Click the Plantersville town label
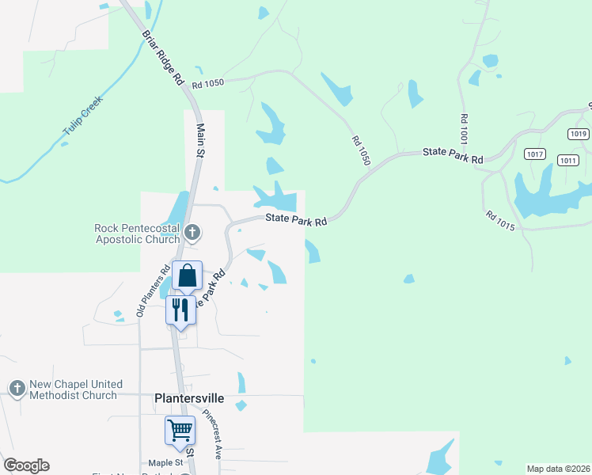point(189,399)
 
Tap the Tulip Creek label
point(83,122)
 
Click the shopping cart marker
point(180,430)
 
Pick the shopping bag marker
point(188,275)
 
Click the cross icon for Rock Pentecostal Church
point(192,233)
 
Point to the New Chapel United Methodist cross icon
point(17,389)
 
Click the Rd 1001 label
point(464,128)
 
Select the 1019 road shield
point(579,134)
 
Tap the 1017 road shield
point(535,154)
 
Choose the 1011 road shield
point(567,160)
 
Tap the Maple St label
point(165,462)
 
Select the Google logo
point(26,465)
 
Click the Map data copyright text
point(558,469)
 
